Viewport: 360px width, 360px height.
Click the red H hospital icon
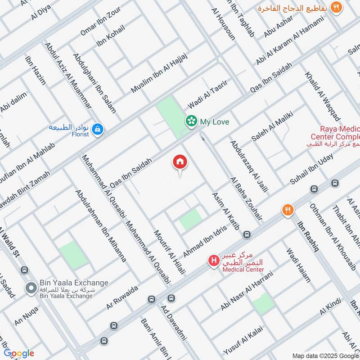click(213, 261)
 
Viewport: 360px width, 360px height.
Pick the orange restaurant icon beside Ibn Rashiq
click(288, 210)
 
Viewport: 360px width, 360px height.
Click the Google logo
click(19, 353)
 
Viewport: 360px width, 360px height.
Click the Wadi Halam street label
click(298, 265)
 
